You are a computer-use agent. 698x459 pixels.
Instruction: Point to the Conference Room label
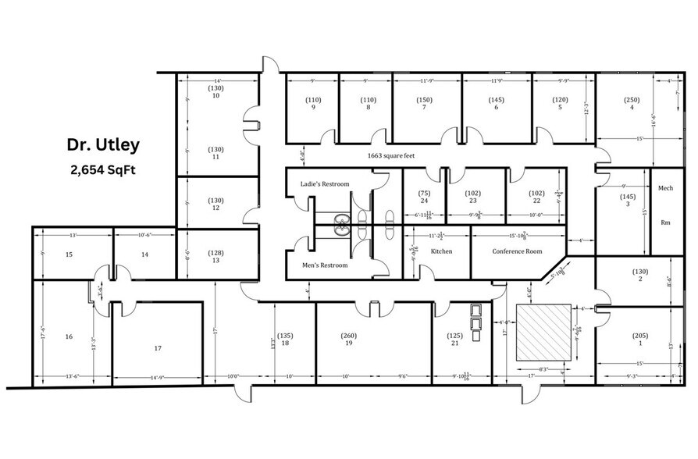point(517,251)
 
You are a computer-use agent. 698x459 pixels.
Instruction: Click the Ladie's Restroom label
point(325,184)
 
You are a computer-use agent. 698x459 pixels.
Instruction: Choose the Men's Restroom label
point(325,265)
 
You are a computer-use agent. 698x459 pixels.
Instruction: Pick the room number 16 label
point(69,336)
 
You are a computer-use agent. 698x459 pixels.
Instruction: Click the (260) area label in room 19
point(349,336)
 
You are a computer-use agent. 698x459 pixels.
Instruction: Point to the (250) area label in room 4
point(632,99)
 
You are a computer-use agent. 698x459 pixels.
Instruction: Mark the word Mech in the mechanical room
point(666,188)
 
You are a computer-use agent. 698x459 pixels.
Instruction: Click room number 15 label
point(69,254)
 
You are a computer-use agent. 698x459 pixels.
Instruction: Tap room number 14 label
point(144,254)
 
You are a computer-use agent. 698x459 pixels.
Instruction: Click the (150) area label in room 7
point(425,100)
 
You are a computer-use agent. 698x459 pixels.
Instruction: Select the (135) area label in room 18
point(285,336)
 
